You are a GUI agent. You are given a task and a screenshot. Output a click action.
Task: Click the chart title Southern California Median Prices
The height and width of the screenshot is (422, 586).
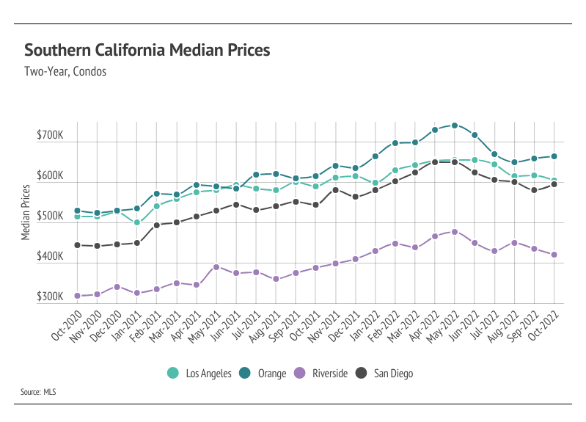point(147,51)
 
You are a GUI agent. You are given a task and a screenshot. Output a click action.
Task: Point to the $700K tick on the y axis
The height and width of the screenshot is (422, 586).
point(50,137)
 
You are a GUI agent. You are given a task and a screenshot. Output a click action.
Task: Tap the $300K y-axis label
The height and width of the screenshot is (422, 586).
point(50,298)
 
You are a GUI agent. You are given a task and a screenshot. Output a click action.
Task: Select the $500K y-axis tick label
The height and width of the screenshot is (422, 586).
point(50,217)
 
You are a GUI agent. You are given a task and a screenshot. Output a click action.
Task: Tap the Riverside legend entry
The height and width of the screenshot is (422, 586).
point(321,374)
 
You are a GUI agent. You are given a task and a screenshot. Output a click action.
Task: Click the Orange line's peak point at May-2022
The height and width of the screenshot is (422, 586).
point(455,125)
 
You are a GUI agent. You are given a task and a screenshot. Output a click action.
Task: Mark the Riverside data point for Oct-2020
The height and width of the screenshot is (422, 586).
point(77,296)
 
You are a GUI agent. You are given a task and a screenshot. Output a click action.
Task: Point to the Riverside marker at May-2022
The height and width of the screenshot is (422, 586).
point(455,232)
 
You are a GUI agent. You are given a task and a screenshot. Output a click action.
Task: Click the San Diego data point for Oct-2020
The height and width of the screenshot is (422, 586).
point(77,245)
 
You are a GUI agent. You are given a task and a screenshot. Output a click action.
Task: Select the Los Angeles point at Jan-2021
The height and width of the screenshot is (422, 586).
point(137,222)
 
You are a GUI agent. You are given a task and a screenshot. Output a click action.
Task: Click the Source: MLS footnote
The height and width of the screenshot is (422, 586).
point(38,393)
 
